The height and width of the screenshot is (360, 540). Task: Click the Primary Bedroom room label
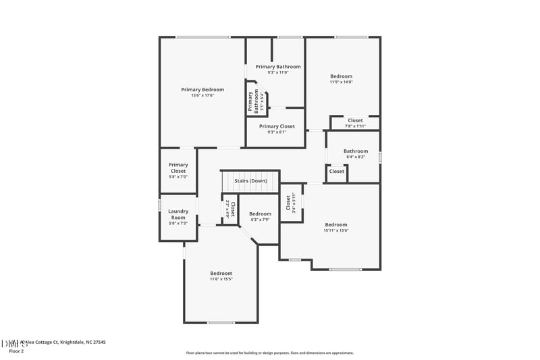pyautogui.click(x=202, y=89)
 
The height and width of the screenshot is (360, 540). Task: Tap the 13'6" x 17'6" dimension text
pyautogui.click(x=202, y=95)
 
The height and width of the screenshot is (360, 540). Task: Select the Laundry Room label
pyautogui.click(x=178, y=214)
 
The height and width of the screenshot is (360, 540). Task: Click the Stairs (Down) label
pyautogui.click(x=250, y=181)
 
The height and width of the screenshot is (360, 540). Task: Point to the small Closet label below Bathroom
pyautogui.click(x=336, y=172)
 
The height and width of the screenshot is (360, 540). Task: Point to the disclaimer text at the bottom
pyautogui.click(x=270, y=353)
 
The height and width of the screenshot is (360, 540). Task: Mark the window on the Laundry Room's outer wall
pyautogui.click(x=159, y=205)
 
